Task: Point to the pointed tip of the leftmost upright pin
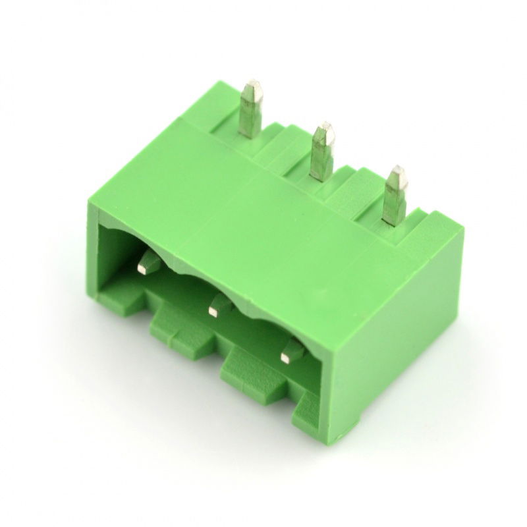click(252, 84)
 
